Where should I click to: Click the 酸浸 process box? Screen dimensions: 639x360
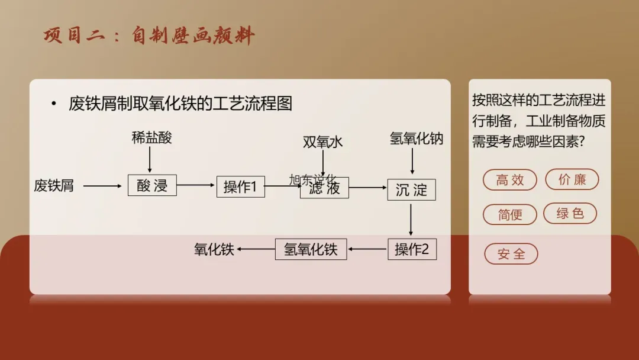[152, 186]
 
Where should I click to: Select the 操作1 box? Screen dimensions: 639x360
[240, 187]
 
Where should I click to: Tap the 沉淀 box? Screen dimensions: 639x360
[411, 189]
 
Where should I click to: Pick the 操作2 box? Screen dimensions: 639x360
[412, 249]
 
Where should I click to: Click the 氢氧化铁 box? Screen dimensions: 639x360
[311, 249]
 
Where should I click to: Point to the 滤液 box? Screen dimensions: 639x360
[324, 188]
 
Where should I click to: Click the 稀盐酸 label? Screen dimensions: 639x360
[151, 138]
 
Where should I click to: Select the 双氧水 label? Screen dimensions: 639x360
[322, 142]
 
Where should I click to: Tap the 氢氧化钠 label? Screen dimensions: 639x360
[416, 139]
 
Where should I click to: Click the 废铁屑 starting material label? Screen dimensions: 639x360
[54, 185]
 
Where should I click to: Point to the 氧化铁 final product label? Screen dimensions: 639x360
[214, 249]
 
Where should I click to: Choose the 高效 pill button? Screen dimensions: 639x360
[510, 180]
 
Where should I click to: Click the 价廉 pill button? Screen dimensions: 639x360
[572, 179]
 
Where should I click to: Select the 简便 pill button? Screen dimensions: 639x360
[510, 214]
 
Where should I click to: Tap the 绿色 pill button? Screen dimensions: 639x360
[570, 213]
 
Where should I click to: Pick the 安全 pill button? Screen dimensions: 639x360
[511, 254]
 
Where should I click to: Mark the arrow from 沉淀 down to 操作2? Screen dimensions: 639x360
[411, 218]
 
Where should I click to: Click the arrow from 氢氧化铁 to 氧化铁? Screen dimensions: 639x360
[256, 249]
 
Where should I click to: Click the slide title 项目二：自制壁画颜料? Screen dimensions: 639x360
[149, 36]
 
